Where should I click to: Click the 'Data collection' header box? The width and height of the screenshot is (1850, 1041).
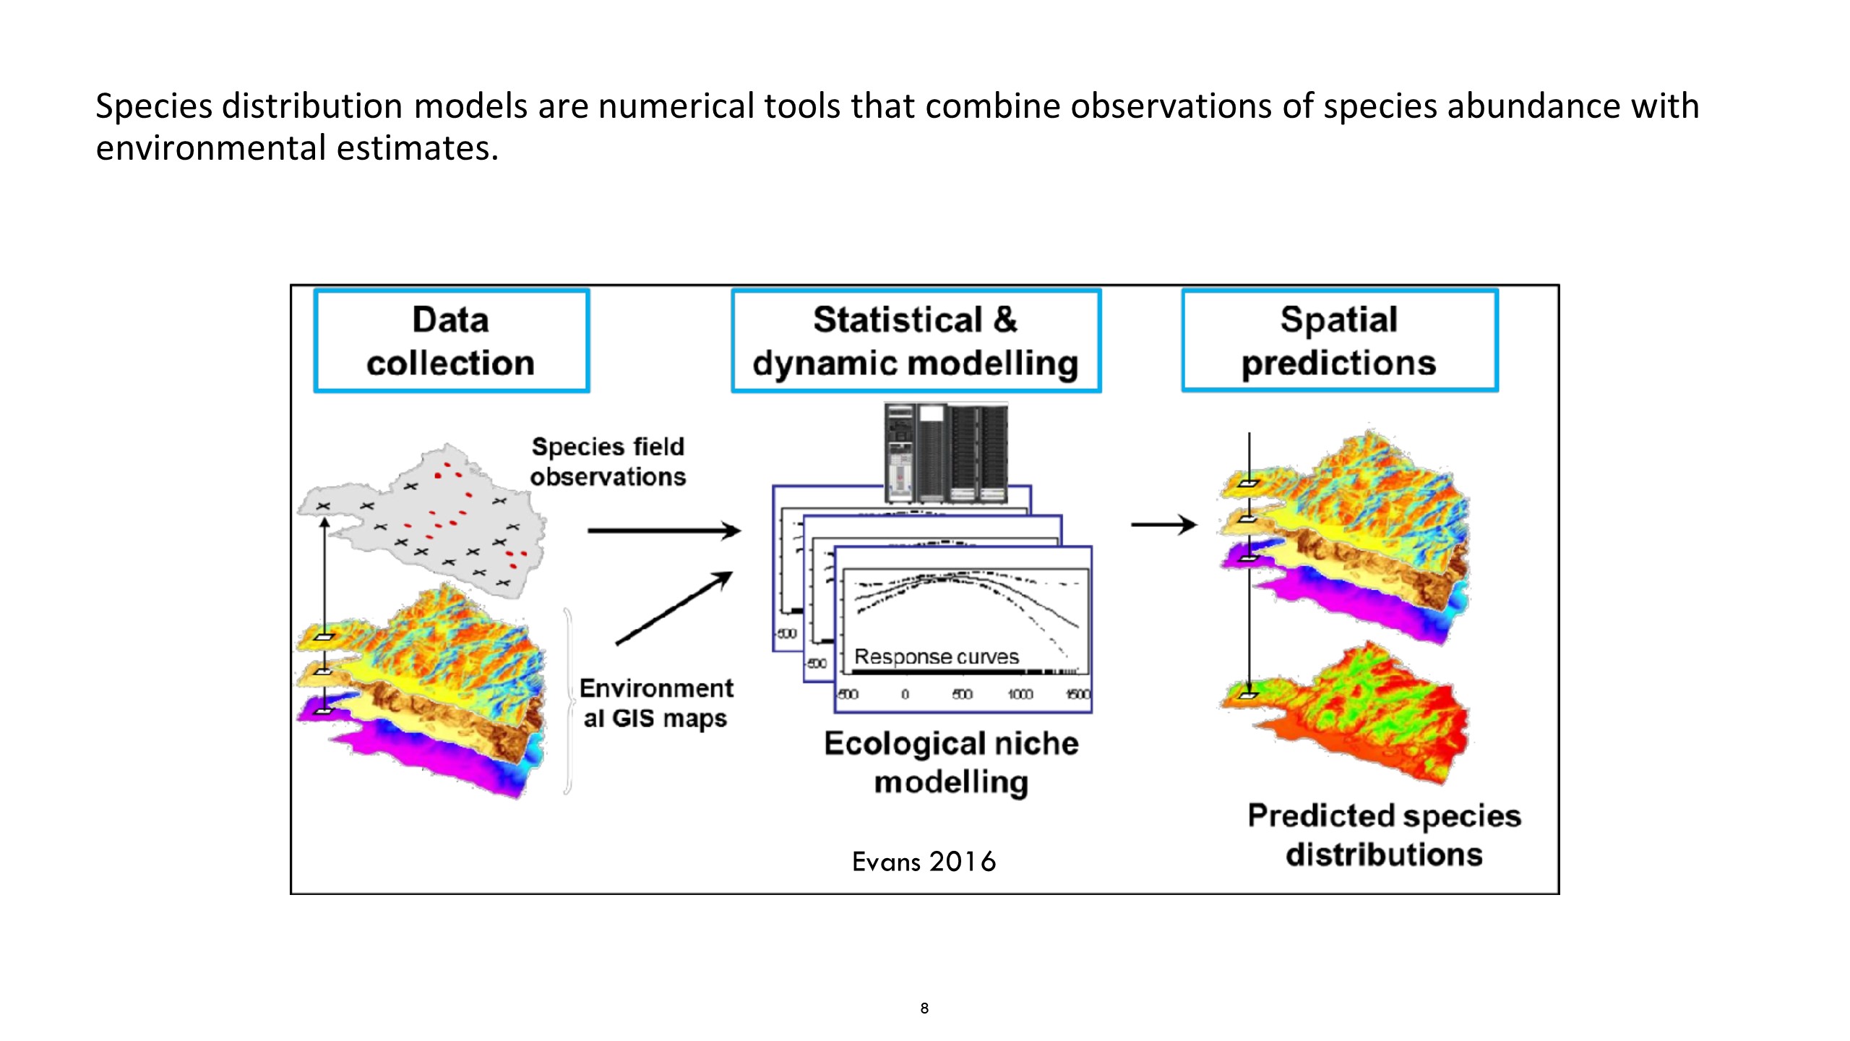(451, 341)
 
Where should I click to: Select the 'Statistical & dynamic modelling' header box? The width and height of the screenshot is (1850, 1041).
(916, 341)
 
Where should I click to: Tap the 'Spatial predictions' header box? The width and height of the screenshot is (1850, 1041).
(1339, 341)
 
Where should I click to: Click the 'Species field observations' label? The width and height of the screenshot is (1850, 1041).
(608, 461)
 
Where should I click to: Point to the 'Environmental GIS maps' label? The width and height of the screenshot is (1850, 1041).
(656, 703)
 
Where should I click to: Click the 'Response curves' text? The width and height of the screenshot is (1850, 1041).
(937, 656)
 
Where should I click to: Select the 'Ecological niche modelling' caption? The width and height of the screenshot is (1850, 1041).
(951, 762)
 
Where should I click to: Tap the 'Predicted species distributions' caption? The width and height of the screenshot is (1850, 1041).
(1384, 834)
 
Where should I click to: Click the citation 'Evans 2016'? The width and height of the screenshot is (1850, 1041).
(924, 862)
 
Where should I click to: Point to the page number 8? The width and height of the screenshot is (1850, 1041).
(924, 1008)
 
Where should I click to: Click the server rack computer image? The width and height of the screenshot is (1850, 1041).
(945, 453)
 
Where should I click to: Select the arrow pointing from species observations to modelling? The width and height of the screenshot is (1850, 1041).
(663, 531)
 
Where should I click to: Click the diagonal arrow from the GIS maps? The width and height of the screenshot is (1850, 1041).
(674, 608)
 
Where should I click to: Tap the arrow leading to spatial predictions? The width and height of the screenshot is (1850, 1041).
(1163, 524)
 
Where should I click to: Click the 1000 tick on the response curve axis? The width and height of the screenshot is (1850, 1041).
(1020, 695)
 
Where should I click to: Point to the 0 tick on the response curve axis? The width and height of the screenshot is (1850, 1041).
(905, 695)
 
